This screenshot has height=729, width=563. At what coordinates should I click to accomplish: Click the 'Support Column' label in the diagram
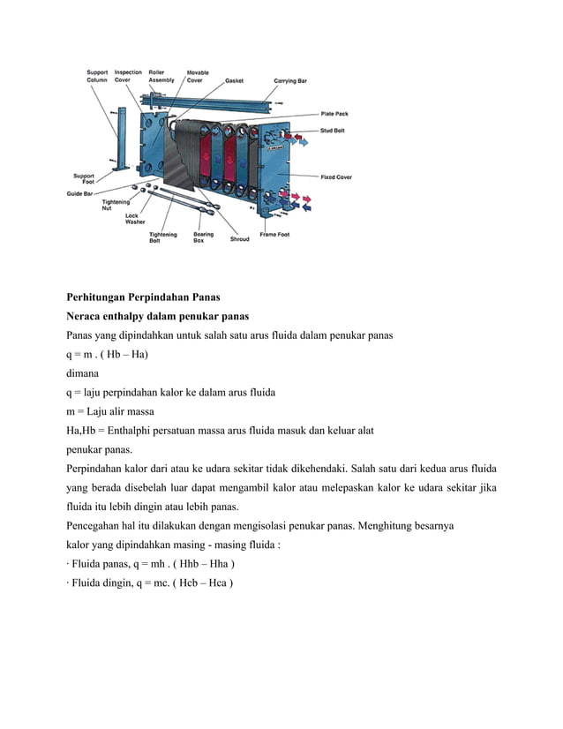[x=96, y=76]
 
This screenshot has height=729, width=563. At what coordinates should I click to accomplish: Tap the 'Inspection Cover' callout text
[x=129, y=76]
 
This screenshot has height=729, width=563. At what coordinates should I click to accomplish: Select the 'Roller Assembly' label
[x=161, y=76]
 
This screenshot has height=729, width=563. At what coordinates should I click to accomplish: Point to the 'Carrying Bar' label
[x=290, y=80]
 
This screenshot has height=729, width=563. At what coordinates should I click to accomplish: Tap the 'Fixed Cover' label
[x=336, y=177]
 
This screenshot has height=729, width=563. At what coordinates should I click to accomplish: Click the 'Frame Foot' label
[x=274, y=235]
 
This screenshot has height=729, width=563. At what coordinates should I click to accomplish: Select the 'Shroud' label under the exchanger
[x=239, y=239]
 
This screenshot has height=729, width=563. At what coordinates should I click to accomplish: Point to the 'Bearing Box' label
[x=204, y=237]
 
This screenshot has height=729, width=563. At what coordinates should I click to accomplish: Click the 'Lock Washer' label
[x=135, y=219]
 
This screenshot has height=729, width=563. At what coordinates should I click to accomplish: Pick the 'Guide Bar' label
[x=80, y=192]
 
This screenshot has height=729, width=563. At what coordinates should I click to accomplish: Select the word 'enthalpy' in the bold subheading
[x=128, y=315]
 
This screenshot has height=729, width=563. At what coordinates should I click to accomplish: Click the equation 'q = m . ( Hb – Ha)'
[x=108, y=355]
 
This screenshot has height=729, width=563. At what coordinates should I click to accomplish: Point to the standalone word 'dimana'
[x=88, y=374]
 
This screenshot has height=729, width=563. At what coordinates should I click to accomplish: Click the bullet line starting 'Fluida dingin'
[x=150, y=584]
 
